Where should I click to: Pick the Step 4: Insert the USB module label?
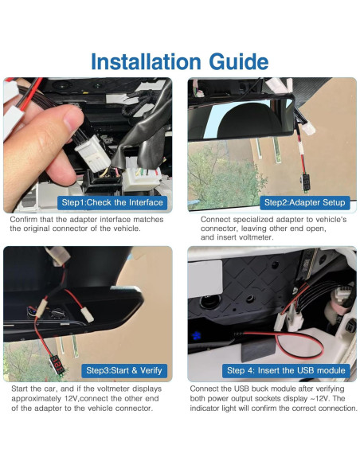(286, 370)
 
